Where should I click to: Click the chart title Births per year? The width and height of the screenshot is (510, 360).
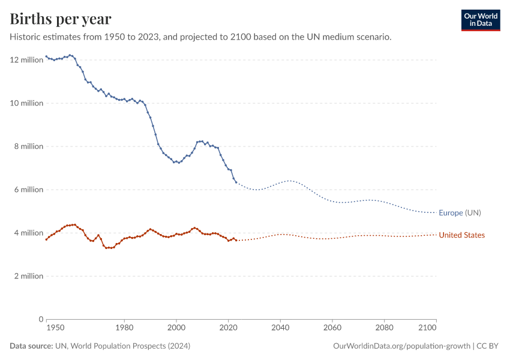pyautogui.click(x=61, y=19)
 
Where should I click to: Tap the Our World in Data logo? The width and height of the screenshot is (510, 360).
pyautogui.click(x=480, y=20)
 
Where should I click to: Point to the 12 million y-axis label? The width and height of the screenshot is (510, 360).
pyautogui.click(x=26, y=59)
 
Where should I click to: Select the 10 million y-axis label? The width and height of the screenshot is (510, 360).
pyautogui.click(x=26, y=103)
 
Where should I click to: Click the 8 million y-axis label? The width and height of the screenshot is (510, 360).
pyautogui.click(x=28, y=146)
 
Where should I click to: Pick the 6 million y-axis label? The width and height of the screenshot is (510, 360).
pyautogui.click(x=28, y=190)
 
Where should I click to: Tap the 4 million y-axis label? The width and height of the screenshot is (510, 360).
pyautogui.click(x=28, y=233)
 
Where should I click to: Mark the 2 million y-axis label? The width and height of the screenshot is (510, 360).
pyautogui.click(x=28, y=276)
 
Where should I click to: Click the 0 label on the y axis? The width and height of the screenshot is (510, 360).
pyautogui.click(x=41, y=319)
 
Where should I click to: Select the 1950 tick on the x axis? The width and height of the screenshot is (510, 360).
pyautogui.click(x=55, y=328)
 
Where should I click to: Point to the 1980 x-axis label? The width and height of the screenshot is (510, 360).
pyautogui.click(x=124, y=328)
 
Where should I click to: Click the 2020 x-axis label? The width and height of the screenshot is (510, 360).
pyautogui.click(x=228, y=328)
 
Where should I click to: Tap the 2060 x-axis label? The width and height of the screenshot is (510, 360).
pyautogui.click(x=332, y=328)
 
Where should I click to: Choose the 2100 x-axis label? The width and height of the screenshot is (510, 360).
pyautogui.click(x=427, y=328)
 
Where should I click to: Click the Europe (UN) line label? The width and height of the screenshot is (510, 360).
pyautogui.click(x=460, y=213)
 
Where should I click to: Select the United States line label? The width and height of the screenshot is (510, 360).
pyautogui.click(x=461, y=235)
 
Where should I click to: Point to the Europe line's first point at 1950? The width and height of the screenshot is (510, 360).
pyautogui.click(x=46, y=56)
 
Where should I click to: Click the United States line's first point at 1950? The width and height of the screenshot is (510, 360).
pyautogui.click(x=46, y=239)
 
